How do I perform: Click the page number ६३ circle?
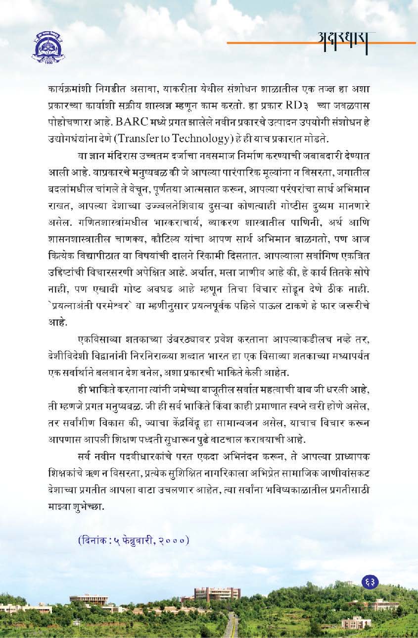click(370, 582)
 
